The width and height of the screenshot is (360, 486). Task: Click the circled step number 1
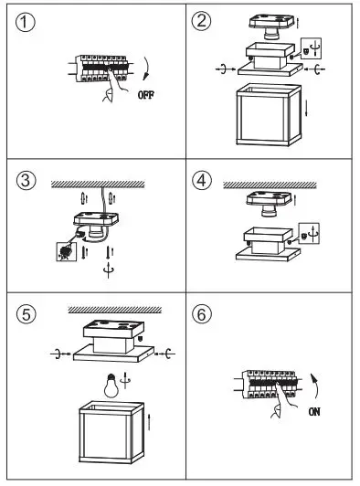[25, 22]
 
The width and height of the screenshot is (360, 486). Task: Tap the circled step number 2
[201, 21]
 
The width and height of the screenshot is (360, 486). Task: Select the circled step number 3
[26, 180]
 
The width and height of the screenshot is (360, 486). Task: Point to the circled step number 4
[202, 180]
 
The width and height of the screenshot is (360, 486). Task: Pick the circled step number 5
[26, 314]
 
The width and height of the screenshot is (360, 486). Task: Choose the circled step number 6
[202, 314]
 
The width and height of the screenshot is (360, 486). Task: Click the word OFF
[146, 95]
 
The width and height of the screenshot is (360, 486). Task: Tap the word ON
[314, 412]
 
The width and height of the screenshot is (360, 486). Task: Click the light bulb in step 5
[111, 386]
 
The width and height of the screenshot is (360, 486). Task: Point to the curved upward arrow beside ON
[315, 386]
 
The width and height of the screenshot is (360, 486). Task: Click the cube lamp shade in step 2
[269, 114]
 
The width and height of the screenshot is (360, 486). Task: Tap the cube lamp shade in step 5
[111, 432]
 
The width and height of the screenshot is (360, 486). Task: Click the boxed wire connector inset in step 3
[66, 251]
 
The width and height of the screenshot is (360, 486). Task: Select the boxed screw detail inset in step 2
[311, 48]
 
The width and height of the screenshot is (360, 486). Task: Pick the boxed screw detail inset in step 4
[309, 233]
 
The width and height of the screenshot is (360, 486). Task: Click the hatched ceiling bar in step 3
[98, 185]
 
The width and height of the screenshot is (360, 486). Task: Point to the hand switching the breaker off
[114, 84]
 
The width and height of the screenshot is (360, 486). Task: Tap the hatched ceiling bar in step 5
[115, 310]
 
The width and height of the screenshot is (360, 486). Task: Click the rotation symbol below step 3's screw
[109, 270]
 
